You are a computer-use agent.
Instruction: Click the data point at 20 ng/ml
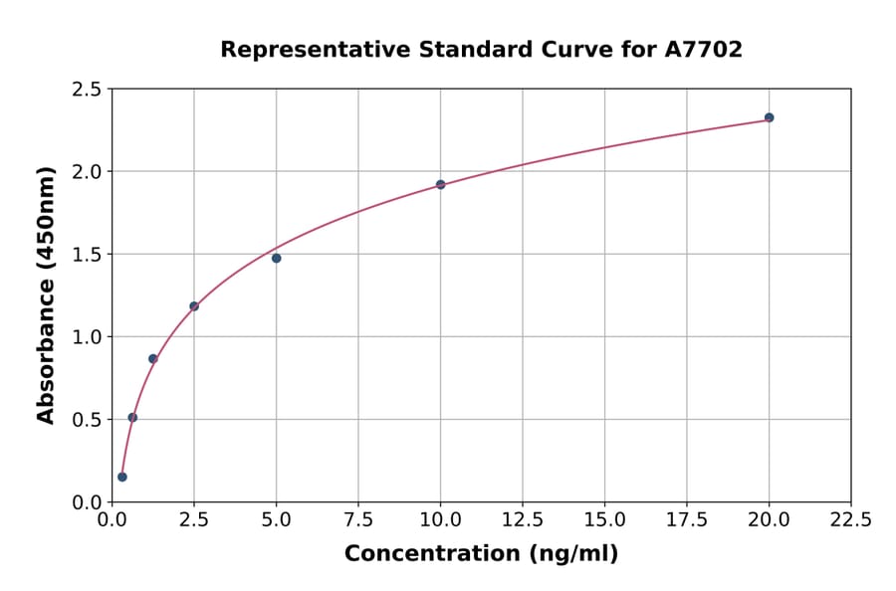click(x=769, y=117)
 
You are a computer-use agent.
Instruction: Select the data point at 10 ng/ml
click(x=441, y=184)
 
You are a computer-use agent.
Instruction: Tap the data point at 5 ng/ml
click(x=277, y=258)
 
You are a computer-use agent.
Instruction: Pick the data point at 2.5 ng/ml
click(x=194, y=306)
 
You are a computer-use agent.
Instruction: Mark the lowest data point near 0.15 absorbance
click(x=122, y=477)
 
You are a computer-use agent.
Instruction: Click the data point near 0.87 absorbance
click(x=153, y=358)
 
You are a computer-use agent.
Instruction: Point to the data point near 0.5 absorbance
click(x=132, y=417)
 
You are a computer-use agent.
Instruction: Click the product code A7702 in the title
click(x=703, y=50)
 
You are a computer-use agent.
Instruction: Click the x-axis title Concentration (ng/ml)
click(x=481, y=554)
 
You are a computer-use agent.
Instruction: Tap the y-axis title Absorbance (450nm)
click(x=46, y=295)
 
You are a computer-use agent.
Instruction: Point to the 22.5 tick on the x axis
click(x=850, y=520)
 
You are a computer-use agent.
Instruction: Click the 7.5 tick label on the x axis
click(x=358, y=520)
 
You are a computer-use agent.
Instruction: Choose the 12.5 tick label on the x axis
click(x=523, y=520)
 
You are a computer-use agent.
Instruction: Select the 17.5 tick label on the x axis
click(x=687, y=520)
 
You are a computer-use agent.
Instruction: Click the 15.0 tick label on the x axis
click(x=604, y=520)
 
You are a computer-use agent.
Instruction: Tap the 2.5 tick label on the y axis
click(x=86, y=90)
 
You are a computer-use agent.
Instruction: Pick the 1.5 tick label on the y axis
click(x=86, y=255)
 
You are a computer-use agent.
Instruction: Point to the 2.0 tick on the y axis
click(x=86, y=172)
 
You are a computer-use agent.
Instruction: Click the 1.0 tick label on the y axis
click(x=86, y=337)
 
